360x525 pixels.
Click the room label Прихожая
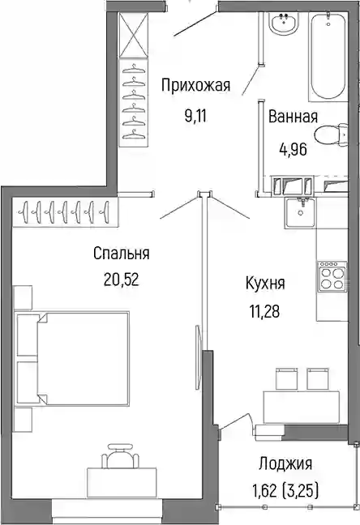195,86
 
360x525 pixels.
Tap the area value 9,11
195,117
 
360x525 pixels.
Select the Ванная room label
293,117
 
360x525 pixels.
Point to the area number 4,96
293,149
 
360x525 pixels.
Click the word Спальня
122,254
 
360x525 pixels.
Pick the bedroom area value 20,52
122,280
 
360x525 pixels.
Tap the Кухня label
265,284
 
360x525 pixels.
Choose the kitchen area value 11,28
264,311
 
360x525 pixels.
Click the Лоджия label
285,464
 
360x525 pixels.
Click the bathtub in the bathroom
328,54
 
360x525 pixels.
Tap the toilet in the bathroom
332,134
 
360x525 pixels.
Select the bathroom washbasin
283,21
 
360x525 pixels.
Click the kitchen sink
300,212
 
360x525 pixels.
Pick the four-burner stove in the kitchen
332,275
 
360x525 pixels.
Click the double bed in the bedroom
72,357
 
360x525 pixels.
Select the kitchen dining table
302,408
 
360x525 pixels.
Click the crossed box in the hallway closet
134,34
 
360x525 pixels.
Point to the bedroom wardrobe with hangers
66,212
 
